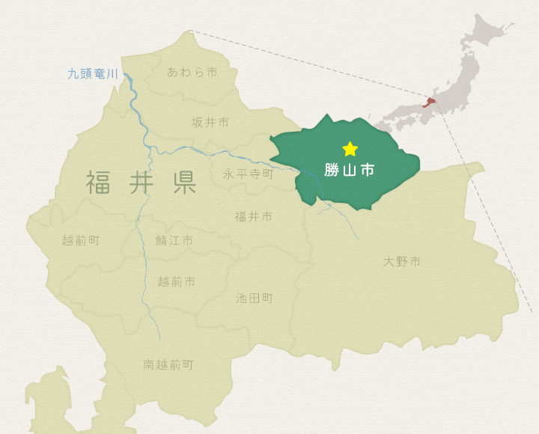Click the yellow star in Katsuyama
(350, 149)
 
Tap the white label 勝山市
(350, 170)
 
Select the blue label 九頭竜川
(93, 73)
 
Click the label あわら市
(192, 72)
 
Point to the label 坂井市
(210, 122)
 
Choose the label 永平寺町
(249, 174)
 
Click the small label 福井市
(254, 216)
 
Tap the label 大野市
(402, 261)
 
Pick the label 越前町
(81, 240)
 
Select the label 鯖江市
(174, 240)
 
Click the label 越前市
(177, 281)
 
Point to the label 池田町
(255, 298)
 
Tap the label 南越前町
(168, 364)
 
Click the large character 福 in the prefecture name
(99, 183)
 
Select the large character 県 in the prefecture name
(184, 183)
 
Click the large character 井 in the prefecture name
(141, 183)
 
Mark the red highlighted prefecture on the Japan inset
(432, 103)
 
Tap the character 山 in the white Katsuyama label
(350, 170)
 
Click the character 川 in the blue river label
(112, 73)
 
